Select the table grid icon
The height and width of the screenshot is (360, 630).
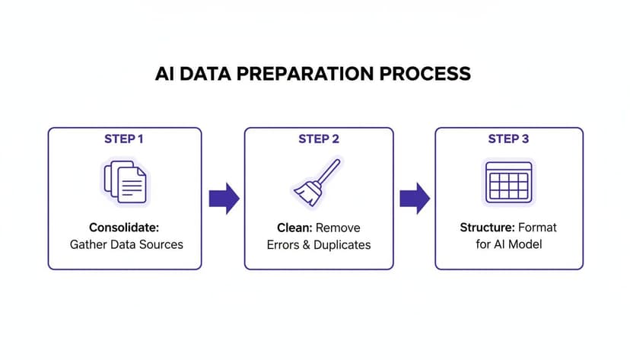(508, 183)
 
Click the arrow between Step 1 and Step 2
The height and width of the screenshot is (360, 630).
(224, 199)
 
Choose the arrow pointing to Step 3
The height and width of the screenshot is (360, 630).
(415, 199)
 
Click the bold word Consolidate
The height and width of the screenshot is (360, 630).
(124, 228)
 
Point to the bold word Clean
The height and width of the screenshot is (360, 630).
(294, 228)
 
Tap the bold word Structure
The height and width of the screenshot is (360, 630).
(488, 228)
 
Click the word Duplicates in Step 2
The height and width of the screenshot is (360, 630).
(342, 244)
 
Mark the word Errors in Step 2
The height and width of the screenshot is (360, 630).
(284, 244)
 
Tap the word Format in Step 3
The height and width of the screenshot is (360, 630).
(537, 228)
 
